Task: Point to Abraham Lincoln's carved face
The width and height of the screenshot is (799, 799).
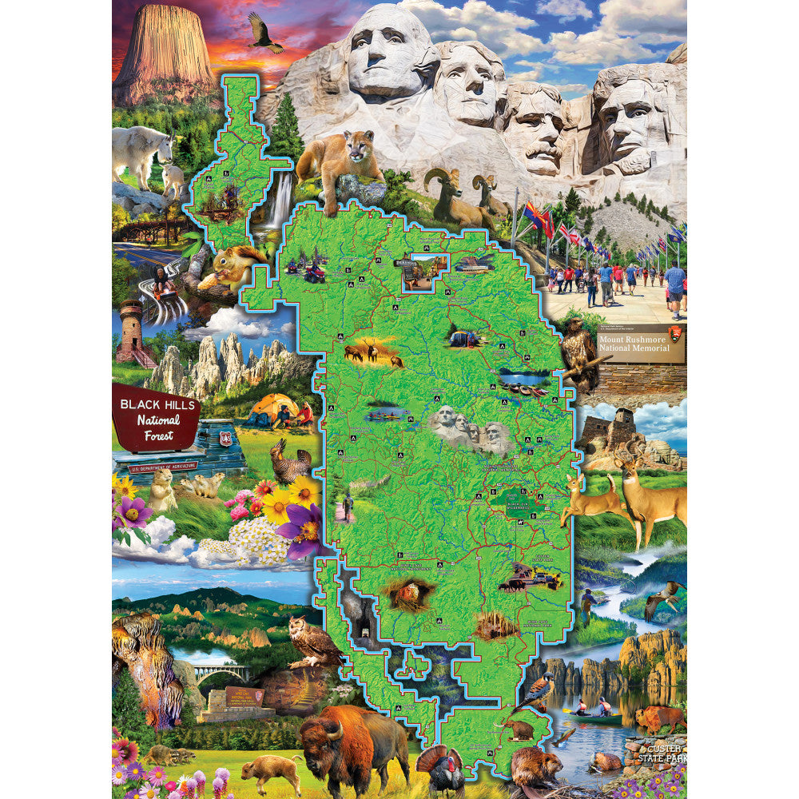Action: [631, 128]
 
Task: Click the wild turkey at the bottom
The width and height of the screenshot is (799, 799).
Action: [443, 771]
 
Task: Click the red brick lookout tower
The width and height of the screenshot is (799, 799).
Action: [133, 332]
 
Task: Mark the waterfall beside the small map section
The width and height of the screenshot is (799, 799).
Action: [280, 200]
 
